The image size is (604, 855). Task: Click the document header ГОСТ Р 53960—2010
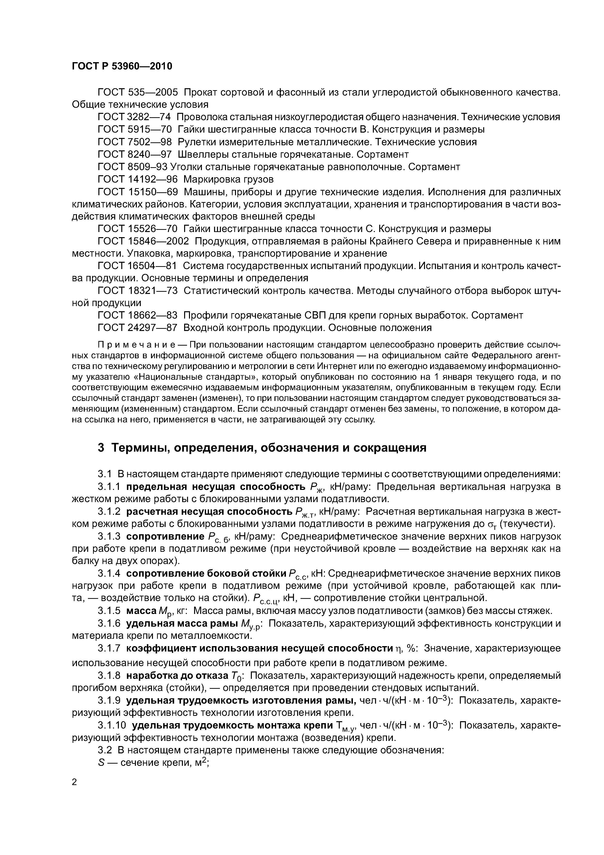pyautogui.click(x=122, y=66)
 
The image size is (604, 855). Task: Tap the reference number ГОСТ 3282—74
pyautogui.click(x=134, y=117)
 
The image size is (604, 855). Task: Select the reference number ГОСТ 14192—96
pyautogui.click(x=138, y=179)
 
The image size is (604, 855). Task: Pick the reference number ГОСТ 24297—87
pyautogui.click(x=138, y=328)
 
